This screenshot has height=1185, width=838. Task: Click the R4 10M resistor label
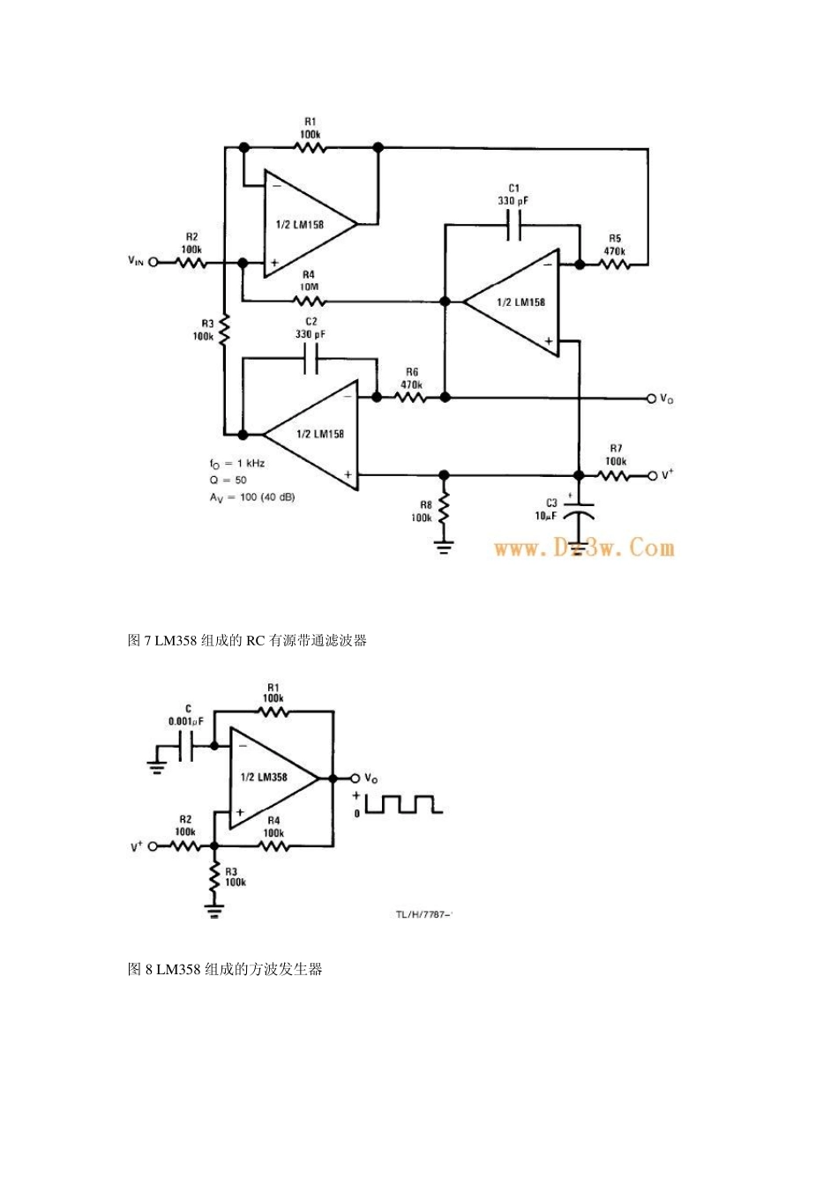[309, 279]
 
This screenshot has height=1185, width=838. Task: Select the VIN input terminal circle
[153, 262]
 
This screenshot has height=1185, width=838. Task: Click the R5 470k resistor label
[615, 244]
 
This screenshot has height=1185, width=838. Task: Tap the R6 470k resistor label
[411, 378]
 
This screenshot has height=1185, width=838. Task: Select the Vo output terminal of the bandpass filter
[653, 398]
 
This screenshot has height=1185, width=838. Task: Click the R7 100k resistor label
[616, 455]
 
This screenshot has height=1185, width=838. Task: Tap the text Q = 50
[228, 481]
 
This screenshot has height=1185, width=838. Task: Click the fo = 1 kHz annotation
[237, 463]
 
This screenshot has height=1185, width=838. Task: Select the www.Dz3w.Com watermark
[584, 548]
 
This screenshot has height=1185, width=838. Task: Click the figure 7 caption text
[247, 640]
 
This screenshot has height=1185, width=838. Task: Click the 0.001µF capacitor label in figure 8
[186, 715]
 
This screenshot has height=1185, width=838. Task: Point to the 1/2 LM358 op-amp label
[264, 778]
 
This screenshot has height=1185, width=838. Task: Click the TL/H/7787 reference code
[423, 914]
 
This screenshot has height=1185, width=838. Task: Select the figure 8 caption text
[225, 969]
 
